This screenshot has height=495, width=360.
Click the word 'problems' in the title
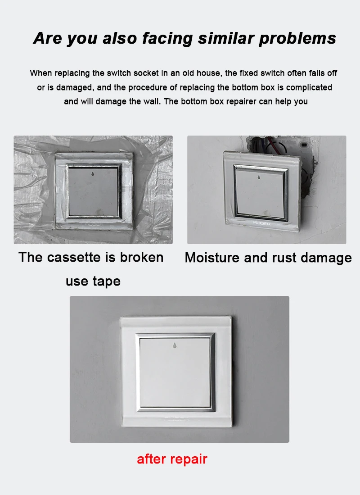point(297,38)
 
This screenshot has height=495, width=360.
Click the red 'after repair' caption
point(172,459)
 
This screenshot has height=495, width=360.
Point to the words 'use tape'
point(93,281)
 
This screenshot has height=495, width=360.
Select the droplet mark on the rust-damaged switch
point(259,177)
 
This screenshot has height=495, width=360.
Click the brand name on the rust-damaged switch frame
point(262,223)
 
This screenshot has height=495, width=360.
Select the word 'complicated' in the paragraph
point(309,87)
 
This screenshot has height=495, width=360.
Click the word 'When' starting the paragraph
point(41,73)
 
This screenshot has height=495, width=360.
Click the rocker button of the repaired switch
point(175,372)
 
